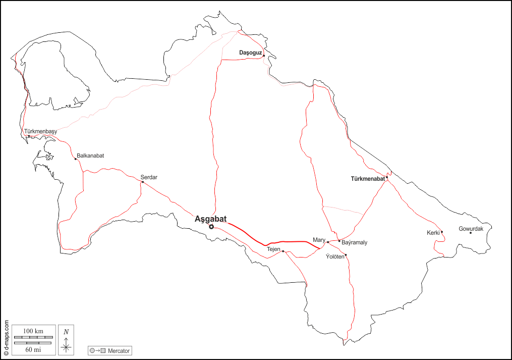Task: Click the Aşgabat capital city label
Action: pos(210,219)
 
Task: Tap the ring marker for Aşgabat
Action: pos(211,227)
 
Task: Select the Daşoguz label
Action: pos(251,52)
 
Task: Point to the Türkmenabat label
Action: pos(368,179)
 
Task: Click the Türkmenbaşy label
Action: pos(41,132)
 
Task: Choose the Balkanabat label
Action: pos(90,156)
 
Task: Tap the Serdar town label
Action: pos(149,177)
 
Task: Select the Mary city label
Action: pos(318,240)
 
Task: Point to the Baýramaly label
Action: pos(354,243)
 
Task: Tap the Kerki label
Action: pos(433,233)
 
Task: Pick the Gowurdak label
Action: pos(471,229)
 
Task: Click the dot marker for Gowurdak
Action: pos(471,233)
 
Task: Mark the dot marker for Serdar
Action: pos(143,182)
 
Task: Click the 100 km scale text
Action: pos(33,330)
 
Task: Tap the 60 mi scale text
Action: pos(33,349)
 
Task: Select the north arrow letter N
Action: pos(66,332)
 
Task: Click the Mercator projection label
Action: pos(119,350)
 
